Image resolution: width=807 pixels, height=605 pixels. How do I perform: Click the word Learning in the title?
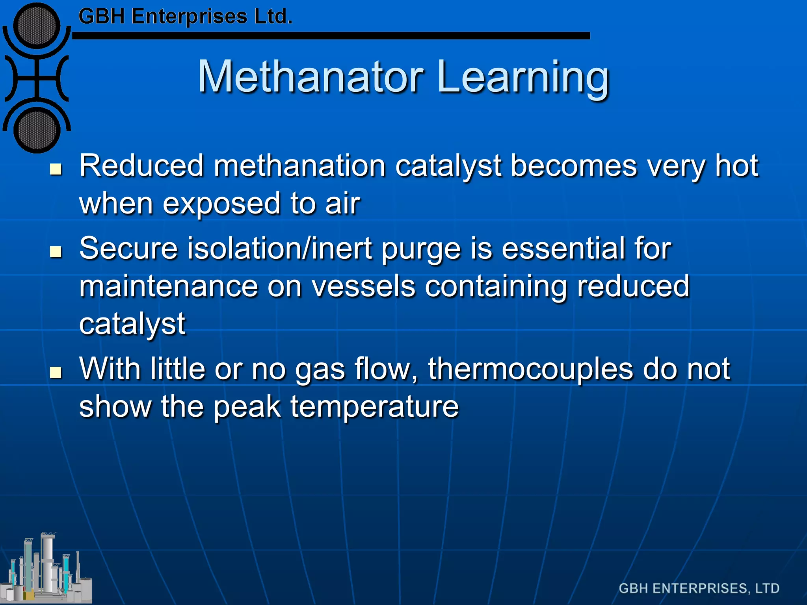point(523,78)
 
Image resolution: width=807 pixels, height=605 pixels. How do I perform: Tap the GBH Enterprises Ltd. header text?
point(185,17)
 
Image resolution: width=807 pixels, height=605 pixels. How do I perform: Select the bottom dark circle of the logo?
point(37,130)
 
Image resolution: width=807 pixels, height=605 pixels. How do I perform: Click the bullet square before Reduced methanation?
point(56,169)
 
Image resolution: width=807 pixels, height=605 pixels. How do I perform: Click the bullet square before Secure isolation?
point(56,252)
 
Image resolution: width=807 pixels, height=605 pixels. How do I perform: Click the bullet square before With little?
point(56,372)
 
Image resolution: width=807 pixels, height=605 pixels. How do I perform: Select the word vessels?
point(363,286)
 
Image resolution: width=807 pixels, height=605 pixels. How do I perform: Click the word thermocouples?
point(530,369)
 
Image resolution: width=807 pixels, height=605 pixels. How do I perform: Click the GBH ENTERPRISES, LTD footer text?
point(699,588)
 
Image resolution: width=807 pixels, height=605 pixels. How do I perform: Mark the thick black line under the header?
point(331,36)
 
